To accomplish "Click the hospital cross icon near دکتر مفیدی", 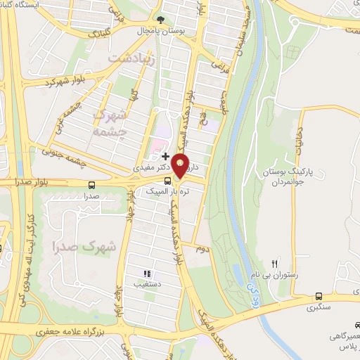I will pyautogui.click(x=165, y=155).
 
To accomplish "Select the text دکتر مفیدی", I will pyautogui.click(x=150, y=169).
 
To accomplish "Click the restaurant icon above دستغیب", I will pyautogui.click(x=147, y=274).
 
